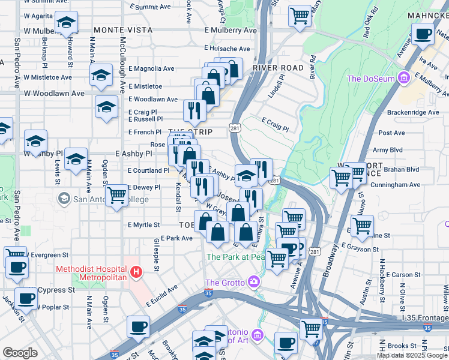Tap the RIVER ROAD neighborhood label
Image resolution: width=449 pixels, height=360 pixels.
tap(278, 68)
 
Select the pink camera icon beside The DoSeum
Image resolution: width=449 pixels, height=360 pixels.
tap(404, 79)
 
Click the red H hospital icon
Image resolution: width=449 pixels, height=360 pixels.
tap(136, 273)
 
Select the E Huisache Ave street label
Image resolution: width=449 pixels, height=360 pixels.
tap(227, 48)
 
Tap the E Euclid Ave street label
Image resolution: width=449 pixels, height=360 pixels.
tap(162, 295)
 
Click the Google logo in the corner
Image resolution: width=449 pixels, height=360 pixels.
tap(20, 353)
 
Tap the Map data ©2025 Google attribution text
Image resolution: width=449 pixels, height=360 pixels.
tap(412, 355)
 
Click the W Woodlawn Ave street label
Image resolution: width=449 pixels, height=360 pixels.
tap(54, 94)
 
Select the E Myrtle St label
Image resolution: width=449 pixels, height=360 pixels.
tap(144, 225)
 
